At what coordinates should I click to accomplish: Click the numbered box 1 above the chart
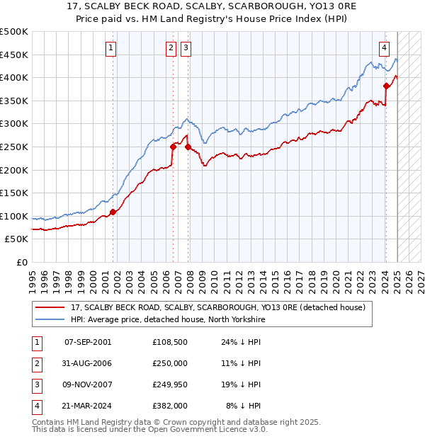pyautogui.click(x=112, y=48)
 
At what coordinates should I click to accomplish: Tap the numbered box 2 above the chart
pyautogui.click(x=171, y=48)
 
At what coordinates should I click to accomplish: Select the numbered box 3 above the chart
pyautogui.click(x=186, y=48)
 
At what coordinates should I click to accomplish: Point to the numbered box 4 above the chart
pyautogui.click(x=384, y=48)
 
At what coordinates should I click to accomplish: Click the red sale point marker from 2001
pyautogui.click(x=113, y=212)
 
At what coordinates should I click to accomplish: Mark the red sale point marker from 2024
pyautogui.click(x=386, y=86)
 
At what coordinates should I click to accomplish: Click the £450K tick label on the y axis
pyautogui.click(x=14, y=55)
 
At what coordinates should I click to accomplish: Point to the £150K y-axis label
pyautogui.click(x=14, y=193)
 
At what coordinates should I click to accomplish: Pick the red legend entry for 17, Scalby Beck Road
pyautogui.click(x=217, y=307)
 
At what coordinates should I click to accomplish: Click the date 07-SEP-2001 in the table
pyautogui.click(x=88, y=343)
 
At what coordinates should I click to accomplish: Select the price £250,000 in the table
pyautogui.click(x=170, y=364)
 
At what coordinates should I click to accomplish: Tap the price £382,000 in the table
pyautogui.click(x=170, y=406)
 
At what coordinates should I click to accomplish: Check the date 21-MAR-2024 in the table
pyautogui.click(x=88, y=406)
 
